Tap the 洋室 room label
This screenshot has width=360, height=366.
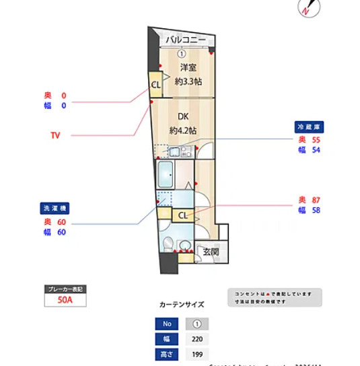tap(188, 67)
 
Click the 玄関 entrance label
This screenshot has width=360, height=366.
tap(210, 252)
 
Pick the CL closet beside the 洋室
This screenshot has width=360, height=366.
tap(155, 85)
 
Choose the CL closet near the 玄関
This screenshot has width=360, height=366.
tap(182, 215)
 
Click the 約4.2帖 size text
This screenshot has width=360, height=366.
tap(182, 130)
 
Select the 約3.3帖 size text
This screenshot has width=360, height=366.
tap(188, 81)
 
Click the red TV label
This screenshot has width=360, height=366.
tap(55, 135)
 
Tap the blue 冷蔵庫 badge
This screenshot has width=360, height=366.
tap(310, 126)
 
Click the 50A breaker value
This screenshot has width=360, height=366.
tap(65, 301)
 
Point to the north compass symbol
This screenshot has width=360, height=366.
tap(306, 9)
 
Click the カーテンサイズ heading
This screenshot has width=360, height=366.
tap(182, 304)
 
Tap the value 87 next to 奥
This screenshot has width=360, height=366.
tap(316, 200)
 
